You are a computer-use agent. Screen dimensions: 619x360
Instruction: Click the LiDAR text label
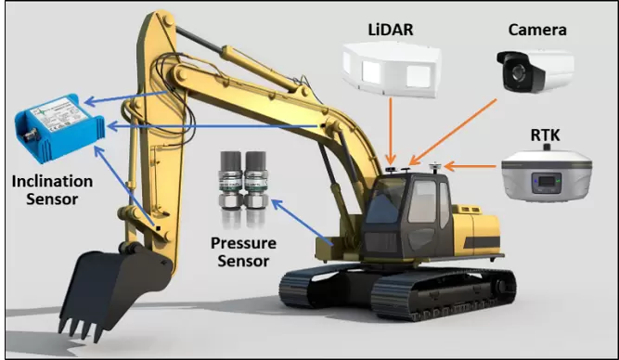pyautogui.click(x=391, y=30)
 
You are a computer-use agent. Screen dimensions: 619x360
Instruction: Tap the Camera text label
pyautogui.click(x=537, y=30)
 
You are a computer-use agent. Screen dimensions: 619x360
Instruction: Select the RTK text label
pyautogui.click(x=545, y=135)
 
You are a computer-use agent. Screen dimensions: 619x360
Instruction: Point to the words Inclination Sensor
pyautogui.click(x=53, y=190)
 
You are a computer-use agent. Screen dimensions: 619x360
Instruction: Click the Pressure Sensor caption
pyautogui.click(x=243, y=251)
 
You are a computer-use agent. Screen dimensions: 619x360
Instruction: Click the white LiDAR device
pyautogui.click(x=392, y=70)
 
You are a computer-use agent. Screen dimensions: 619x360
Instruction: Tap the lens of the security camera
pyautogui.click(x=516, y=72)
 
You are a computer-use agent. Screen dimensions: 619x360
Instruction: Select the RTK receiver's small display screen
pyautogui.click(x=547, y=182)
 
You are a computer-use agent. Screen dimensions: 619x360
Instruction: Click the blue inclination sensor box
pyautogui.click(x=59, y=127)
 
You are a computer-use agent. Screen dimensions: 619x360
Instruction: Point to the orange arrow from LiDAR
pyautogui.click(x=391, y=131)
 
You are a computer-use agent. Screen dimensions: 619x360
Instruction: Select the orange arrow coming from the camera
pyautogui.click(x=453, y=132)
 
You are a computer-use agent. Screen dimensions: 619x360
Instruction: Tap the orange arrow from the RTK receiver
pyautogui.click(x=471, y=167)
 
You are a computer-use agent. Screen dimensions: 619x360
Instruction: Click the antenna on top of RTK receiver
pyautogui.click(x=547, y=148)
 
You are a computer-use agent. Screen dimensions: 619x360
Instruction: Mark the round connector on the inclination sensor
pyautogui.click(x=29, y=137)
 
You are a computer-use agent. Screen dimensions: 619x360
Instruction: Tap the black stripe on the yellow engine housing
pyautogui.click(x=482, y=242)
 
